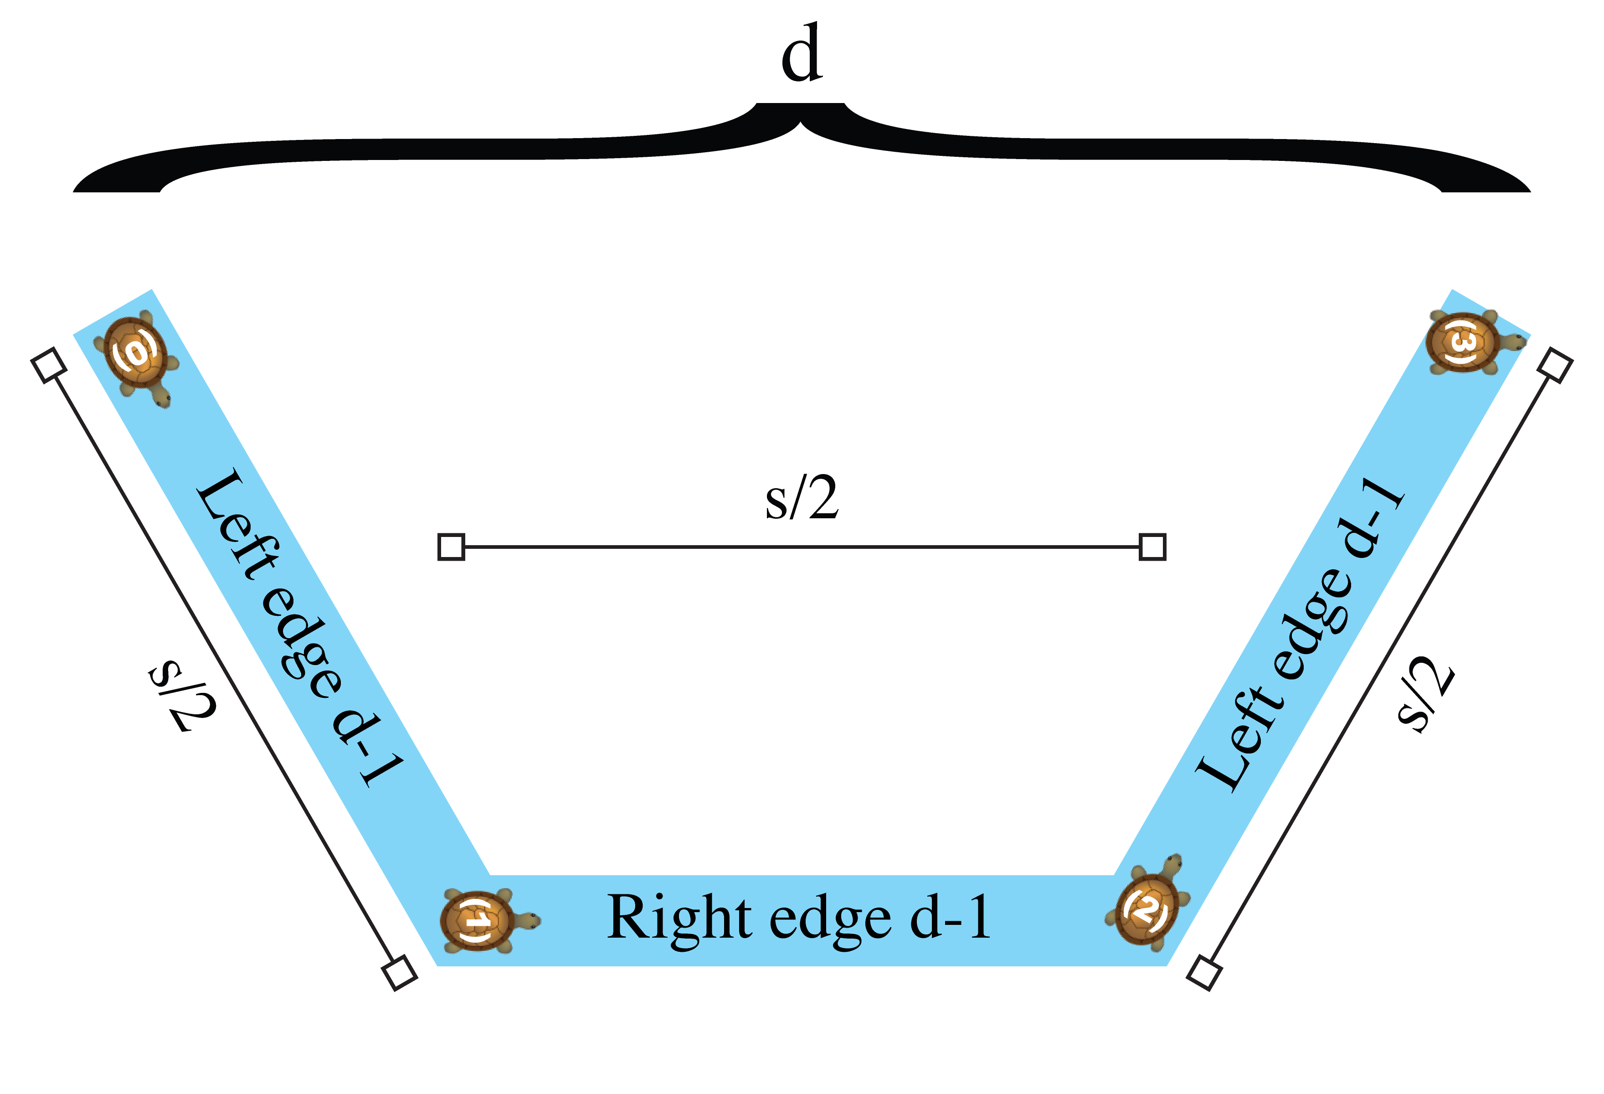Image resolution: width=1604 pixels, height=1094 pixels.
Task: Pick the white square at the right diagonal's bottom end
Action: pyautogui.click(x=1204, y=973)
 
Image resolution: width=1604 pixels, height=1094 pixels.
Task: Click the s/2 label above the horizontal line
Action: pyautogui.click(x=802, y=498)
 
